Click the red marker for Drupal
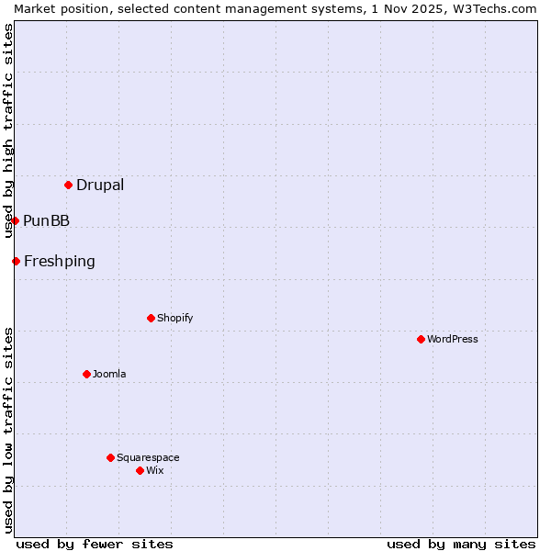[x=69, y=185]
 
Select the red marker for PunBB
[x=16, y=220]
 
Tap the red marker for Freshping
[x=17, y=261]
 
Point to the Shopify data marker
[x=151, y=318]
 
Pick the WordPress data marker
[x=421, y=339]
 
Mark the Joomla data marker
[x=86, y=374]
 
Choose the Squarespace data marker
[x=110, y=457]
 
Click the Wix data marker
[x=140, y=470]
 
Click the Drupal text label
[x=100, y=185]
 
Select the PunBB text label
[x=46, y=220]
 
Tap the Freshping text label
[x=59, y=261]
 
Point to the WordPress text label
[x=453, y=339]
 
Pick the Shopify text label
[x=174, y=318]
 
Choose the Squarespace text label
[x=148, y=457]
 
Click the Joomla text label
[x=109, y=374]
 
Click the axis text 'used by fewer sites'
[x=95, y=544]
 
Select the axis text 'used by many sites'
[x=461, y=544]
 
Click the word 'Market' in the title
[x=35, y=8]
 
